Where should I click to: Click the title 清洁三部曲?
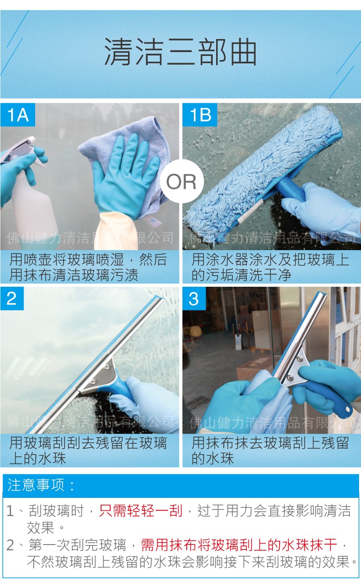click(x=180, y=52)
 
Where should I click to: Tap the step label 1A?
click(x=18, y=115)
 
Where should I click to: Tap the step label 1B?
click(x=200, y=115)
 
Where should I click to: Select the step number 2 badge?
click(x=12, y=298)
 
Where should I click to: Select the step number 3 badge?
click(x=193, y=298)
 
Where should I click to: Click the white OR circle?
click(x=181, y=182)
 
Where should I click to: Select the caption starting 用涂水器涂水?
click(x=270, y=267)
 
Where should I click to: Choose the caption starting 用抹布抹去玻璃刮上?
click(x=270, y=450)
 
